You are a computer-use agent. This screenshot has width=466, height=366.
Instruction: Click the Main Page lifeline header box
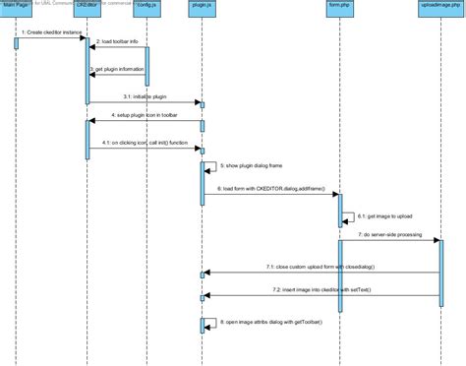(x=16, y=6)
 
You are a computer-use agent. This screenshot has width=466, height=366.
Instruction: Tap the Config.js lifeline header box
(x=145, y=6)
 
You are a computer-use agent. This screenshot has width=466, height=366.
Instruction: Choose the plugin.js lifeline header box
(x=203, y=6)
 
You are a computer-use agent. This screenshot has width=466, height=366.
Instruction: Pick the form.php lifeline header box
(x=340, y=6)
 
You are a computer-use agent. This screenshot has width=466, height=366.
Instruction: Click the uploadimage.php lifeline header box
(x=439, y=6)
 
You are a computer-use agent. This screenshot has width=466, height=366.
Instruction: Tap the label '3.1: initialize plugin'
(x=146, y=95)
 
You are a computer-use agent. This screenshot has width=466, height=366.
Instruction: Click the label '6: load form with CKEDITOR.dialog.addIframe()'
(x=270, y=188)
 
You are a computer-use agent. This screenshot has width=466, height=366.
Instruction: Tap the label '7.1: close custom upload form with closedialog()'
(x=319, y=268)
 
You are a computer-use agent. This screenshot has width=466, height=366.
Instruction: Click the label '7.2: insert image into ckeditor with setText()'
(x=319, y=290)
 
